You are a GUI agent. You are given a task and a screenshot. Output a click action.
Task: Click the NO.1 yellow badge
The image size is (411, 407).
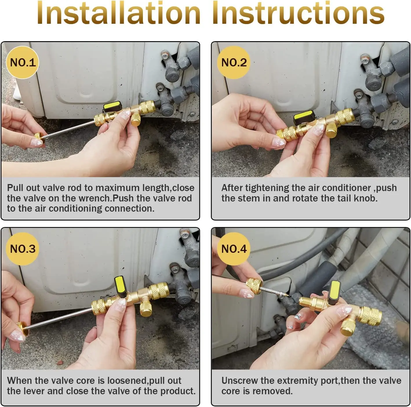coord(22,63)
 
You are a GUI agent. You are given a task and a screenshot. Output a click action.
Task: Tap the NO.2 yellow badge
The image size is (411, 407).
coord(234,63)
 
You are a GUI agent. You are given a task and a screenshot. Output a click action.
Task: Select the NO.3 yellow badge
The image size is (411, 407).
coord(22,249)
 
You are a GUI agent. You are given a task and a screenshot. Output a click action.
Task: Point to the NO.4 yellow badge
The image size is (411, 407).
coord(234,249)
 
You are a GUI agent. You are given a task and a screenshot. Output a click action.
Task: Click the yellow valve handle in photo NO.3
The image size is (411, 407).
coord(120,285)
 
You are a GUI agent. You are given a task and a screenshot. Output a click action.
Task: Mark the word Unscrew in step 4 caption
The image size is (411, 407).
coord(239,380)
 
